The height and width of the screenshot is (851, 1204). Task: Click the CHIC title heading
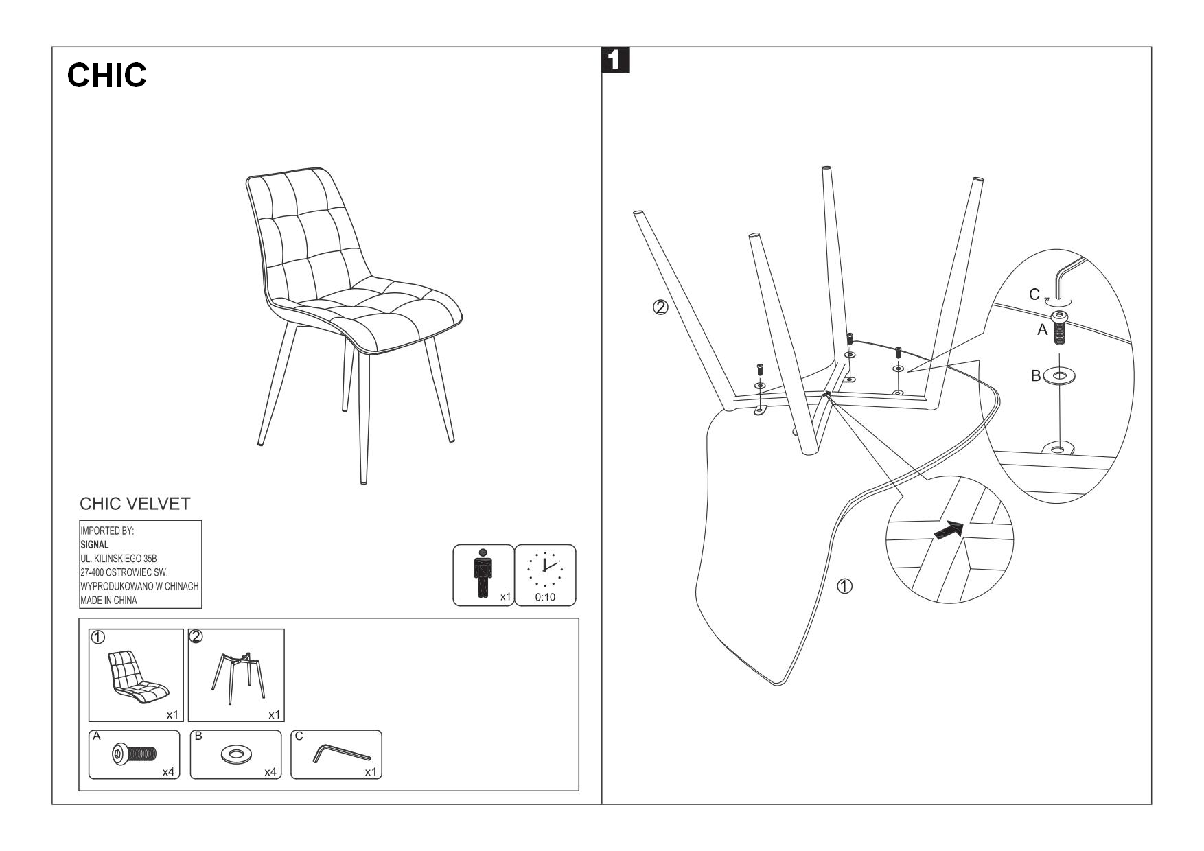[107, 75]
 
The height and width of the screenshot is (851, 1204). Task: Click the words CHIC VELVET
[135, 504]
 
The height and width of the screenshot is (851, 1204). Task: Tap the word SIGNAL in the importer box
[95, 544]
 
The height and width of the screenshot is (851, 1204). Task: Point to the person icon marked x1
[483, 574]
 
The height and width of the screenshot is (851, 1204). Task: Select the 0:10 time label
[545, 597]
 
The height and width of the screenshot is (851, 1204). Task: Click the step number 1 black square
[615, 60]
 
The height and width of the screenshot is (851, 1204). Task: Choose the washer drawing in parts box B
[236, 755]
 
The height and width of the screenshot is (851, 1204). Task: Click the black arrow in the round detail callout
[949, 531]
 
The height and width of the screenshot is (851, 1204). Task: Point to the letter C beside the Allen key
[1034, 294]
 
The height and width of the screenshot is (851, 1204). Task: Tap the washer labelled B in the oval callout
[1059, 376]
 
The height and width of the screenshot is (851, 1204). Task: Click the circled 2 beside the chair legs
[660, 307]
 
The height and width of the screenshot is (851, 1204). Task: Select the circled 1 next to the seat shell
[845, 586]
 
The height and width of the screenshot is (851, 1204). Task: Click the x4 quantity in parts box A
[168, 772]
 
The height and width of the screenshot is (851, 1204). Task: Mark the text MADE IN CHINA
[108, 600]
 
